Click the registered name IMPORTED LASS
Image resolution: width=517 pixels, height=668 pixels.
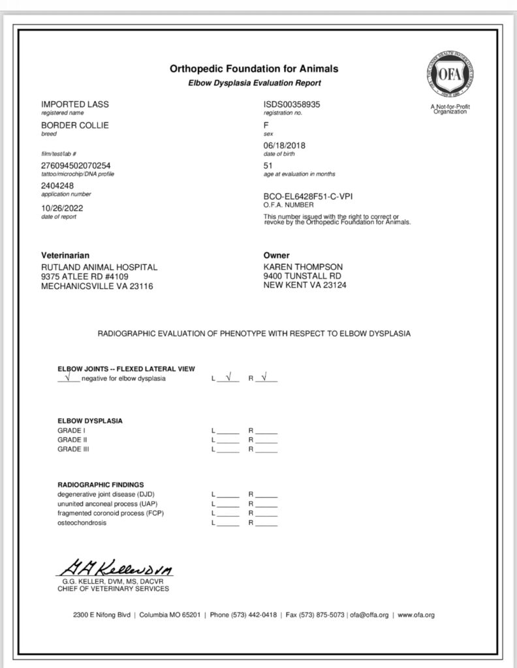tap(75, 104)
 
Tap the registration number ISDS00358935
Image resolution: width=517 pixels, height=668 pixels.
tap(292, 104)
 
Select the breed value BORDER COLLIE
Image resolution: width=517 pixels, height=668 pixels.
tap(75, 125)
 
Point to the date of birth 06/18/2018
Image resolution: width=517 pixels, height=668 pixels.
tap(285, 145)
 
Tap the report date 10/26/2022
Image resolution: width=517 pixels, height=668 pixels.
tap(62, 208)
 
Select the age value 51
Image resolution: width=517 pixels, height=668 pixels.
tap(268, 166)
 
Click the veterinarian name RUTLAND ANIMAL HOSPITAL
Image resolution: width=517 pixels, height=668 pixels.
tap(99, 267)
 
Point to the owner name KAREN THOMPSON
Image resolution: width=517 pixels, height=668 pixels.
tap(303, 267)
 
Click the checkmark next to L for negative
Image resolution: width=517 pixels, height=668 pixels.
tap(228, 377)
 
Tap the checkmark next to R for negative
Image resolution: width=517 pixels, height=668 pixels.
tap(264, 377)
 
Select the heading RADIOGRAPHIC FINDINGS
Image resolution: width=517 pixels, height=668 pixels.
tap(100, 485)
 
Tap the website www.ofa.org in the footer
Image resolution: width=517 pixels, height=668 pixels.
tap(416, 615)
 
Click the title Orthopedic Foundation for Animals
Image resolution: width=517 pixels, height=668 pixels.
tap(254, 68)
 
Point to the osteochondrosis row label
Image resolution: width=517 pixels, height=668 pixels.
tap(82, 523)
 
